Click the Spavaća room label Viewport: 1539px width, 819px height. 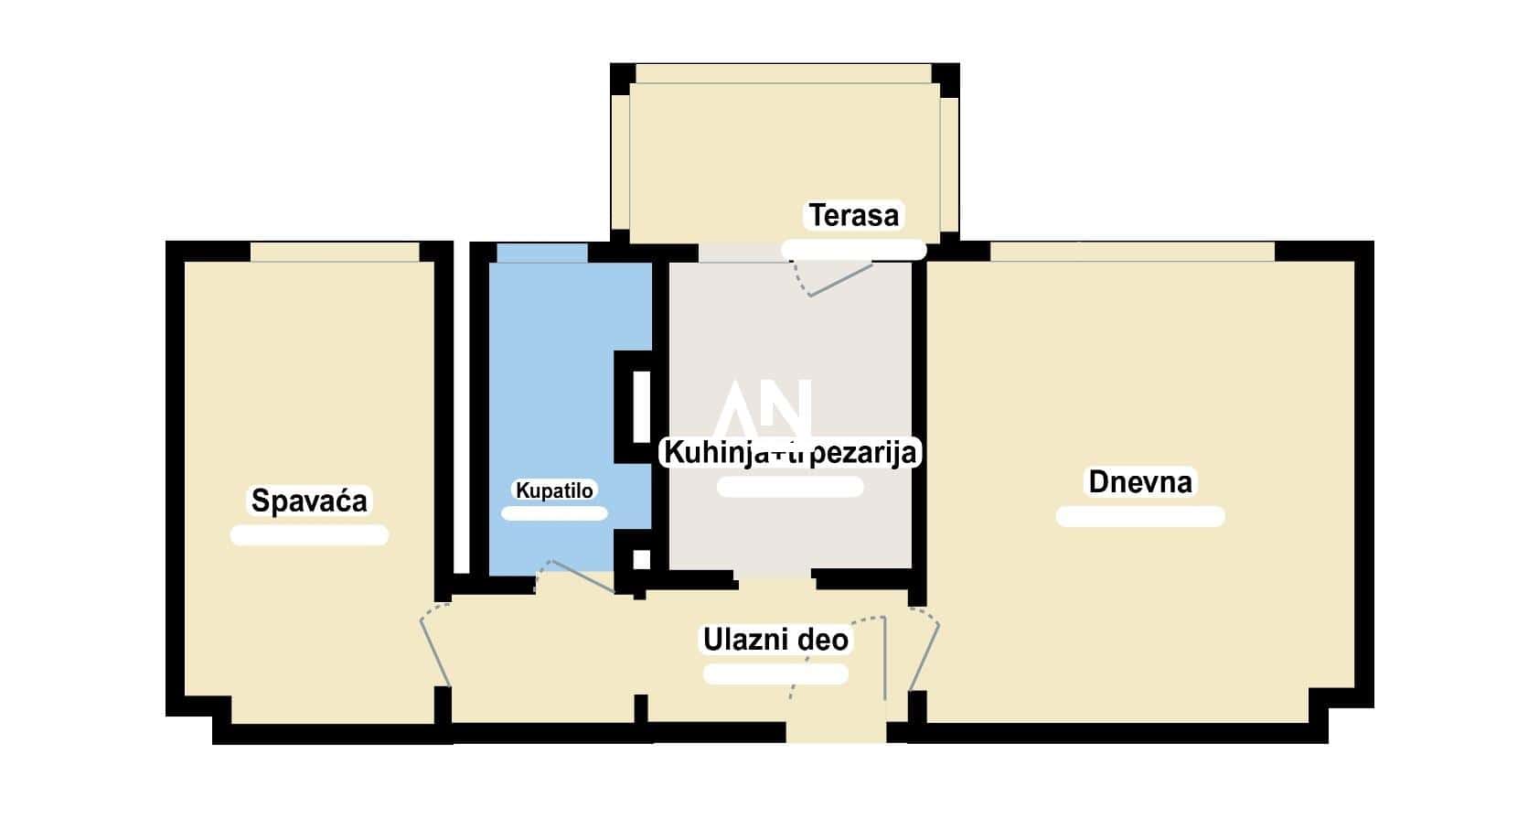click(x=309, y=501)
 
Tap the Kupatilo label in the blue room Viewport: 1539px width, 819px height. click(x=554, y=490)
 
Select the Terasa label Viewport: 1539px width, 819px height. click(x=854, y=215)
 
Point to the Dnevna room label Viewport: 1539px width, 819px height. click(x=1140, y=481)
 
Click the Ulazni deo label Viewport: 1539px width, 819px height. click(x=775, y=640)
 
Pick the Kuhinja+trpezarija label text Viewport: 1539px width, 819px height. click(x=791, y=452)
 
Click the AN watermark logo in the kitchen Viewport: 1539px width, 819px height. click(x=763, y=409)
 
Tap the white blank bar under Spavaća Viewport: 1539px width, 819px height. click(x=309, y=535)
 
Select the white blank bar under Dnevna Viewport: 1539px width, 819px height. click(x=1140, y=516)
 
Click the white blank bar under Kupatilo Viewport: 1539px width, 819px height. click(x=554, y=513)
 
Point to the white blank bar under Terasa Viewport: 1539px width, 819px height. click(x=854, y=250)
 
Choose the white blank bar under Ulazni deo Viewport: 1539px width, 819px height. click(x=775, y=674)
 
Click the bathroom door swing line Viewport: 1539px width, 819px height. click(x=583, y=577)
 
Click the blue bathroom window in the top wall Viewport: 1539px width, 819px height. click(x=542, y=253)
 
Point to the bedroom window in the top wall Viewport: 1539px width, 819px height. click(x=335, y=252)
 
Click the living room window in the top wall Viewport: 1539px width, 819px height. click(x=1132, y=252)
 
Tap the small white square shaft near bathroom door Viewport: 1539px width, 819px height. click(x=641, y=560)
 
